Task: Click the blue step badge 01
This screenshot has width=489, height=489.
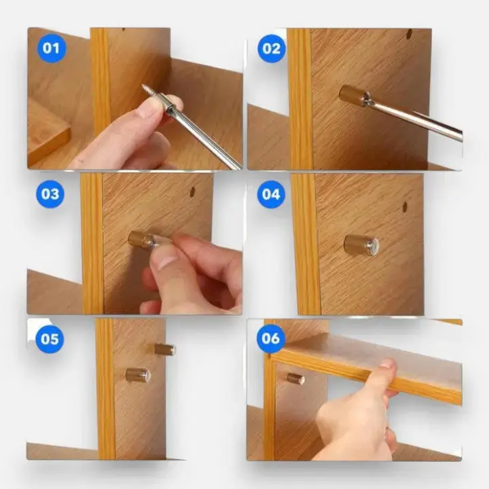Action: coord(52,49)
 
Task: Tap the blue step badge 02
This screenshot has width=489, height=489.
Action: coord(272,49)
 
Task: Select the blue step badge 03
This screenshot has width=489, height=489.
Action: coord(50,194)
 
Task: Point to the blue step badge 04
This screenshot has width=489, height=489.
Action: coord(271,194)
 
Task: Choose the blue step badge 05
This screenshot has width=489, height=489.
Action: coord(50,339)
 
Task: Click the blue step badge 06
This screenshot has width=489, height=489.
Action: coord(270,339)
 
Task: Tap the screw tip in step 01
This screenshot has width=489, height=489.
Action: coord(143,86)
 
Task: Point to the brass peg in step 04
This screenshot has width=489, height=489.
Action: coord(361,245)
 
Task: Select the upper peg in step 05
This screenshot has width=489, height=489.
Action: coord(165,349)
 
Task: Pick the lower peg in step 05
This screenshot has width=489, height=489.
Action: coord(138,375)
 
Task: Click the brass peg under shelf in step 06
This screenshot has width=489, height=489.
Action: coord(295,378)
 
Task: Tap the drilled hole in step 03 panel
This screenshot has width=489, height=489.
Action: coord(192,192)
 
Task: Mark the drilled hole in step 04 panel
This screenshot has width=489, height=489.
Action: coord(405,206)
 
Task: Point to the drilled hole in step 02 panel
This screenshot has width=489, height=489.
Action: coord(409,34)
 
